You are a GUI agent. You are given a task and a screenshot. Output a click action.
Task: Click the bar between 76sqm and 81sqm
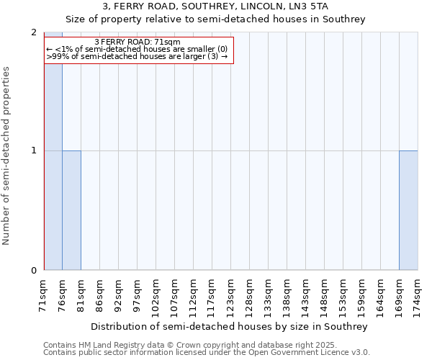point(72,210)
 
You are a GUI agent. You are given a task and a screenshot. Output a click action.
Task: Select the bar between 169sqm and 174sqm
point(408,210)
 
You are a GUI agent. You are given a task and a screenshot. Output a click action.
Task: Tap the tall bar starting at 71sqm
point(53,151)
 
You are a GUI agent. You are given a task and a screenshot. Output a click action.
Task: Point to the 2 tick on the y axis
point(34,33)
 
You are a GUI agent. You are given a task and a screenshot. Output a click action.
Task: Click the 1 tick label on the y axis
point(34,150)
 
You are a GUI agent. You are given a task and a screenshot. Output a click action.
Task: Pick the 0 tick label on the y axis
point(34,271)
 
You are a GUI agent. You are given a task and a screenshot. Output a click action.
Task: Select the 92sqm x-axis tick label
point(118,294)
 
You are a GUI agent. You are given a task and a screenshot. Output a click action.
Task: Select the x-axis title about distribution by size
point(230,326)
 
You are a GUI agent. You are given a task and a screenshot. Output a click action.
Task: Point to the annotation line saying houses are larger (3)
point(137,56)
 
